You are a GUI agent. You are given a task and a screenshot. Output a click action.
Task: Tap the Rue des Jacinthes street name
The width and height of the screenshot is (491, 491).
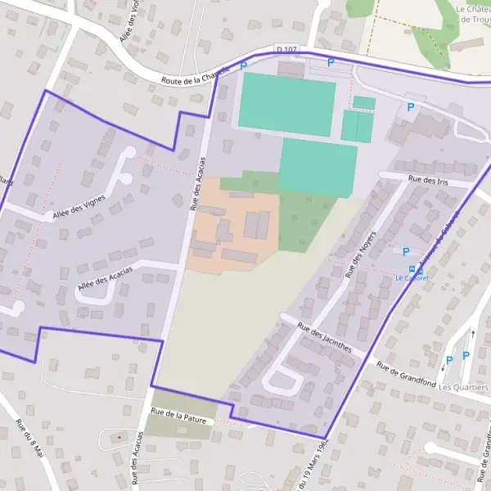[x=325, y=337]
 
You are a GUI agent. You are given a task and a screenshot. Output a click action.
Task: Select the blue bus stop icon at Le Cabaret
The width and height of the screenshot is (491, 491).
[x=411, y=268]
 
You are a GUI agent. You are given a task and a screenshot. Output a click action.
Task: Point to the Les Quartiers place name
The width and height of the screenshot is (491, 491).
[x=463, y=387]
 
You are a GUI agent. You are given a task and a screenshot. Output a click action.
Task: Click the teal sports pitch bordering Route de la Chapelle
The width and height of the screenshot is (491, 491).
[x=286, y=104]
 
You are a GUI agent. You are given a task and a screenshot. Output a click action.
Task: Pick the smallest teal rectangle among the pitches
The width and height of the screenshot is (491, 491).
[x=364, y=103]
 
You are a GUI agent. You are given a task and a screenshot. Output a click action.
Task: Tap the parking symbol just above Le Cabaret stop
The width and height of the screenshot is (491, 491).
[x=407, y=251]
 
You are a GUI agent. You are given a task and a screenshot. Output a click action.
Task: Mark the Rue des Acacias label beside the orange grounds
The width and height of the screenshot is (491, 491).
[x=197, y=183]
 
